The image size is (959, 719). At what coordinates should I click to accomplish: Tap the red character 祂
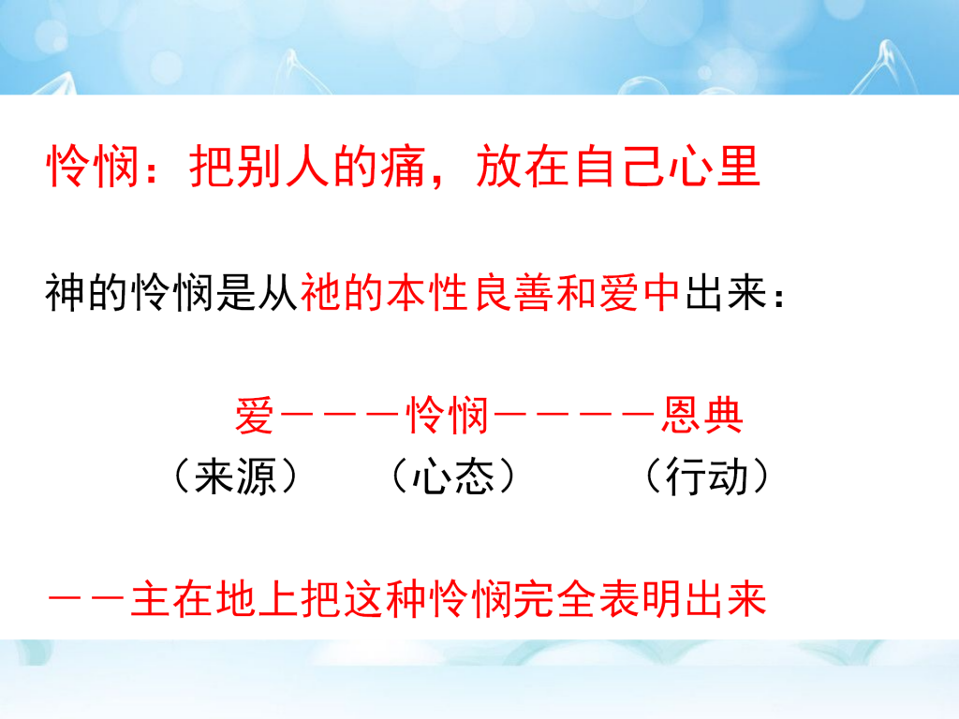(x=320, y=293)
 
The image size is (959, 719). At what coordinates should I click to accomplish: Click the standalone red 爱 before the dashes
(x=255, y=415)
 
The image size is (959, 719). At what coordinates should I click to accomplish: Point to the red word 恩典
(x=702, y=415)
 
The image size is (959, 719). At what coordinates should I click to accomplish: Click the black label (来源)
(x=235, y=476)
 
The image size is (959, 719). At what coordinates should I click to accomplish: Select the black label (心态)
(x=452, y=476)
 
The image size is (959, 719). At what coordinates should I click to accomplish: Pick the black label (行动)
(x=708, y=476)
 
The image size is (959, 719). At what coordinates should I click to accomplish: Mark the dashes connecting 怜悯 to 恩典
(x=575, y=415)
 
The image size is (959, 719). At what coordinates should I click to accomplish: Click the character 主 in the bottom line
(x=151, y=598)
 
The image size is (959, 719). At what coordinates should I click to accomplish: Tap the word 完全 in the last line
(x=555, y=598)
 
